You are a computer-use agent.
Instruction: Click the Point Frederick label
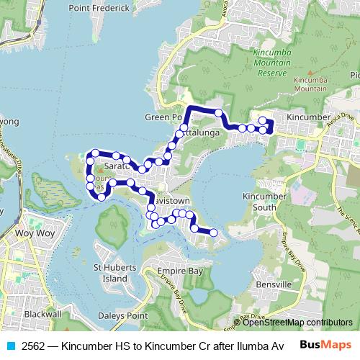[x=99, y=8]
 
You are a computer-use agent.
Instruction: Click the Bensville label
[x=272, y=284]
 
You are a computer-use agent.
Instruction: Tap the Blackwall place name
[x=42, y=315]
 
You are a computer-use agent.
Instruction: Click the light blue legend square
[x=11, y=345]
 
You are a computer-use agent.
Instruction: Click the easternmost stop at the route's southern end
[x=213, y=232]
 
